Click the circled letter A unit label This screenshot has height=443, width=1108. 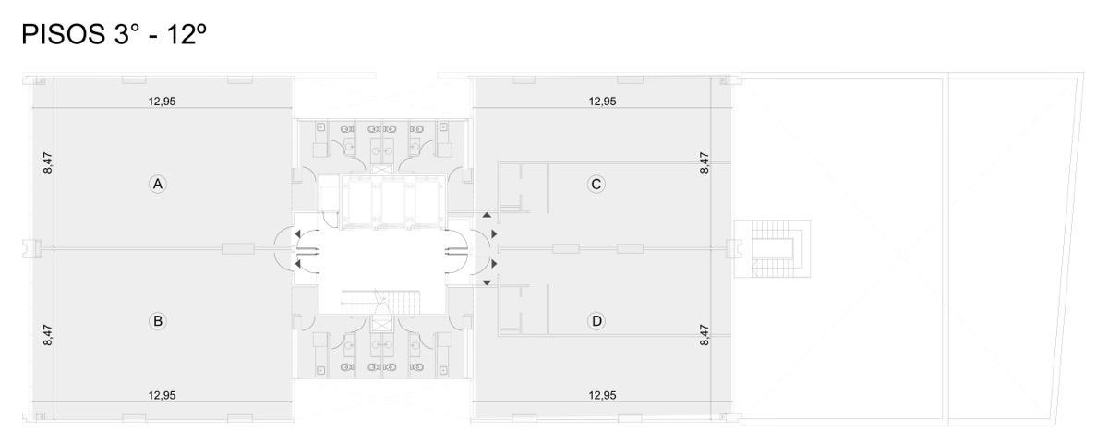(157, 185)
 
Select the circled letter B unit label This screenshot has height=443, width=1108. (157, 321)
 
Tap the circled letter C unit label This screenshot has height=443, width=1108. (596, 185)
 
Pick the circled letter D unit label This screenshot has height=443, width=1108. (596, 321)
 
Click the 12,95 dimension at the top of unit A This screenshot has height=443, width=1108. (163, 102)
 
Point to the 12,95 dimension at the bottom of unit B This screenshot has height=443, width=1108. (163, 396)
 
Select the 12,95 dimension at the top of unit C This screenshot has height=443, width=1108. (602, 102)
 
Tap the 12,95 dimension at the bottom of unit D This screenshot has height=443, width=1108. (602, 396)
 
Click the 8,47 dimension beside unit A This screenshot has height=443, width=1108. (47, 162)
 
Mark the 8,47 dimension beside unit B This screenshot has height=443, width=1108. (47, 335)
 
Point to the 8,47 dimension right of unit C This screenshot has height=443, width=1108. (705, 162)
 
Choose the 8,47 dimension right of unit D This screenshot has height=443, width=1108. (705, 335)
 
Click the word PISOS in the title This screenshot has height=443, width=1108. (64, 35)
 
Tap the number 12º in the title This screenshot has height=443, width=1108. (187, 35)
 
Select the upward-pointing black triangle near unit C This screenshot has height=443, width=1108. (487, 215)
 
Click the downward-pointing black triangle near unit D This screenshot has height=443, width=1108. (487, 282)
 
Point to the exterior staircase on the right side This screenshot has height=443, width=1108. (772, 248)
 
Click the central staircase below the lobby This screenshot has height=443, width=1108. (380, 302)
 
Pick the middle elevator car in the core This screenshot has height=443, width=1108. (393, 203)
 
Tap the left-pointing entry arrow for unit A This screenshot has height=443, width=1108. (297, 233)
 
